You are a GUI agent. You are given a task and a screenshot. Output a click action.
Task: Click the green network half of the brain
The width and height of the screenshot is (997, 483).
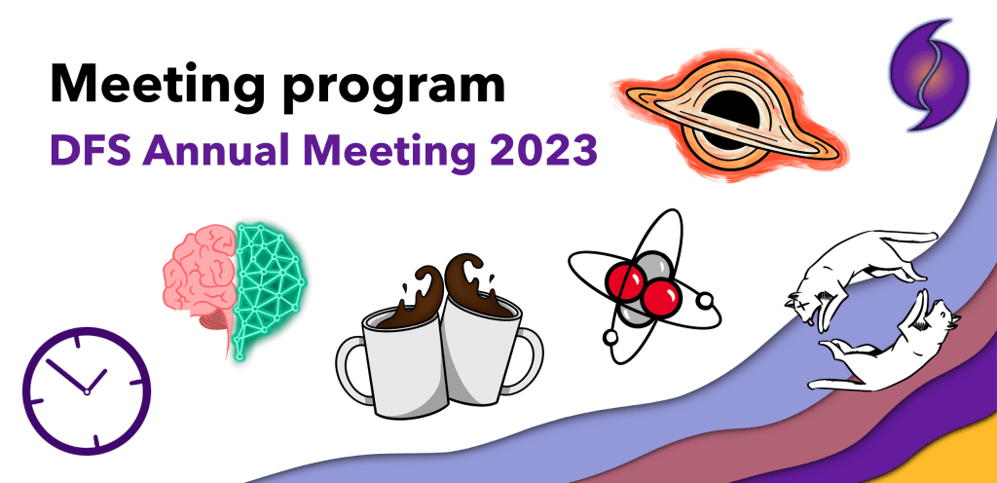[269, 273]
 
